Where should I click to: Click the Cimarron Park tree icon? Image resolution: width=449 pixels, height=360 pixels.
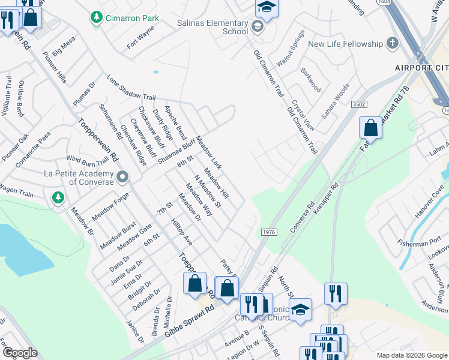point(95,18)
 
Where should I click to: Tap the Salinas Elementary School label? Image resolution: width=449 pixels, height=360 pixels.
point(217,26)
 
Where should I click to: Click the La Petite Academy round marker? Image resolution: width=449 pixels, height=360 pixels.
point(122,177)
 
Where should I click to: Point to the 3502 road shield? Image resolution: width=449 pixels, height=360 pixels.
point(360,104)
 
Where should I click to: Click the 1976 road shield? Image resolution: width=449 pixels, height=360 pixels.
point(268,232)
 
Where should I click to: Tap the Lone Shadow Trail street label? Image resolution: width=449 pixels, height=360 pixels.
point(131,88)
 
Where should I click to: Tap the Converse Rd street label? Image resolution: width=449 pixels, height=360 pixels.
point(303,217)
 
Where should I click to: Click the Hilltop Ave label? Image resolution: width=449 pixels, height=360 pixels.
point(182,232)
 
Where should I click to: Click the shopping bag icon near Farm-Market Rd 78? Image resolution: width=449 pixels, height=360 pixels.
point(370,127)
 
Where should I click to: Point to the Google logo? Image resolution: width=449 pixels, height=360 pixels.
point(20,353)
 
